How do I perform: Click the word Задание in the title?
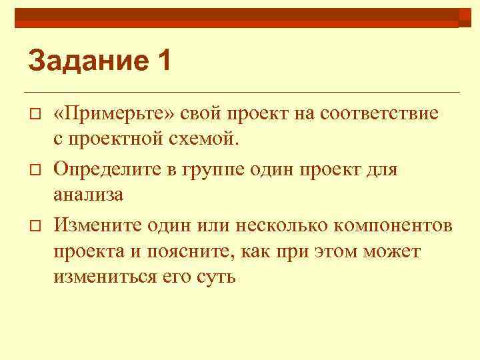[x=84, y=61]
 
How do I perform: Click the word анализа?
[x=89, y=196]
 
